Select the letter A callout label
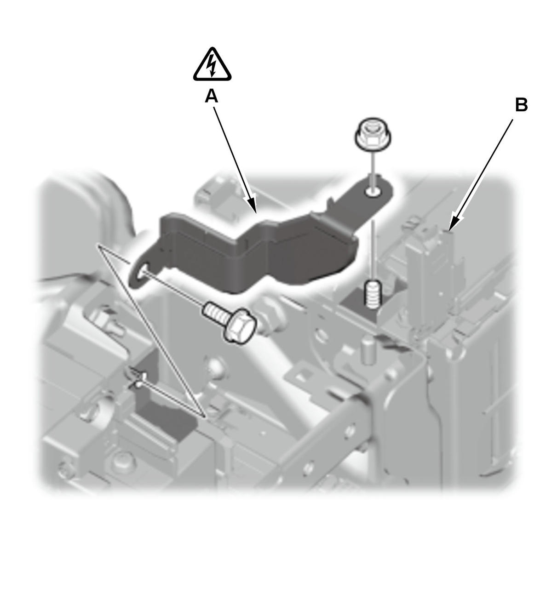(211, 97)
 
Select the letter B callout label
(521, 105)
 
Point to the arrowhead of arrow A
(252, 205)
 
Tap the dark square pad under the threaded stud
(361, 305)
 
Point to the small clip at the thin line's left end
(137, 377)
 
